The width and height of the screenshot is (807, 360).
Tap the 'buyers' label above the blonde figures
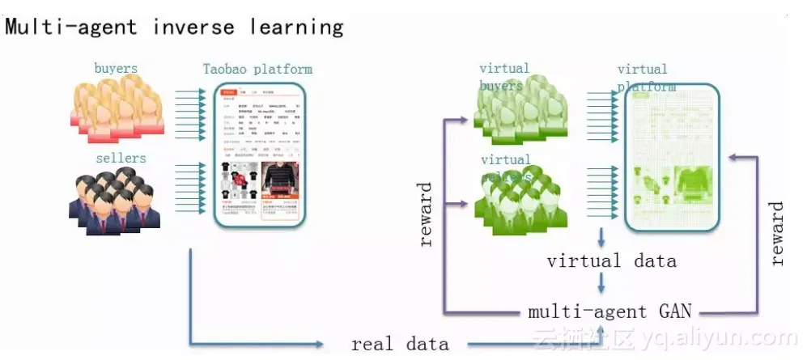116,69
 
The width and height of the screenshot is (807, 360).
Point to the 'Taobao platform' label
257,69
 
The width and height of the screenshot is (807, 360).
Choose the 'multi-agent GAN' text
609,311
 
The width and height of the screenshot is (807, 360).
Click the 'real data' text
400,344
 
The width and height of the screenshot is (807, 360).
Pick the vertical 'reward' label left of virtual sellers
426,214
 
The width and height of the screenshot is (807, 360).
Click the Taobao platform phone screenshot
259,154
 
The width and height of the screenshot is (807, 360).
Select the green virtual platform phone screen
673,158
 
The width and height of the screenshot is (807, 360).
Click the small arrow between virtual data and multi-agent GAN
601,284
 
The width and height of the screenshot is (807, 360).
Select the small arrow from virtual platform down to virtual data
601,237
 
